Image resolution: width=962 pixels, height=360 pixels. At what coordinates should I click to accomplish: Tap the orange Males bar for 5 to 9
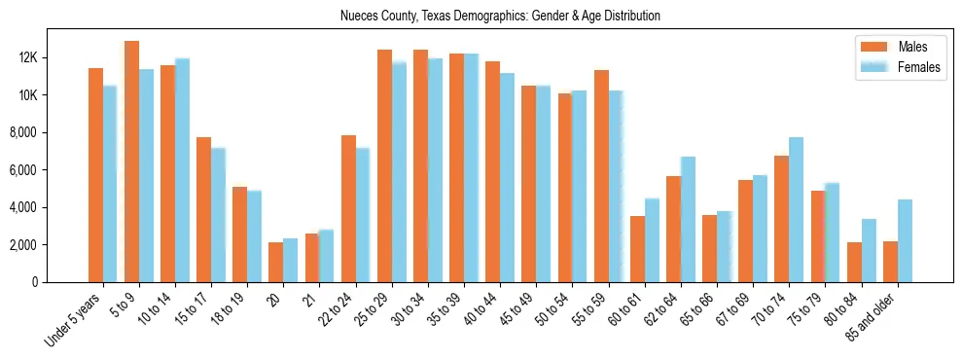tap(131, 162)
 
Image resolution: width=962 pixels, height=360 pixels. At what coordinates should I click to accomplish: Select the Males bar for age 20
tap(276, 262)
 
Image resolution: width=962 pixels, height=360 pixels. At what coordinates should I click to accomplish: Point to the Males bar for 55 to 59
tap(601, 176)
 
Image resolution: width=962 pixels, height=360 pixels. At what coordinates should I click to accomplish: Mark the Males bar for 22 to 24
tap(348, 208)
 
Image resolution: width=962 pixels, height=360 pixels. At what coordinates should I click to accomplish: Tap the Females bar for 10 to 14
tap(182, 170)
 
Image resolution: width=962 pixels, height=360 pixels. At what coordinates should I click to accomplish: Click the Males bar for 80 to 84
tap(854, 262)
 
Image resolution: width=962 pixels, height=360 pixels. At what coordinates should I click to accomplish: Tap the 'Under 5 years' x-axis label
tap(74, 320)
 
